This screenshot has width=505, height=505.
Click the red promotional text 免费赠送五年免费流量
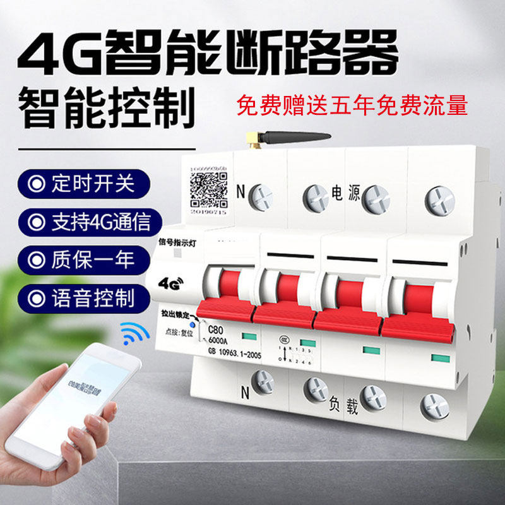[352, 104]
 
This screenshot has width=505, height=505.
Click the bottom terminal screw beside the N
[260, 383]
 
